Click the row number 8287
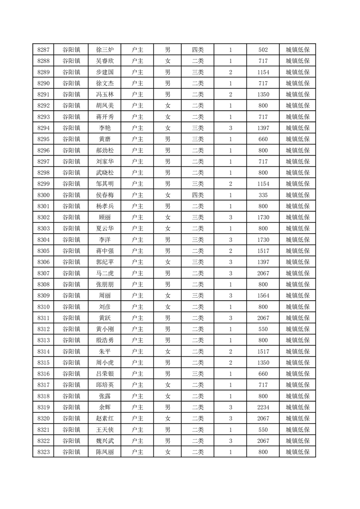[x=44, y=50]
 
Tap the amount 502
[x=263, y=50]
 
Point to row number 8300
[x=44, y=195]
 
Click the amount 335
[x=263, y=195]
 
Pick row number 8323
[x=44, y=452]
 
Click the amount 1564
[x=263, y=295]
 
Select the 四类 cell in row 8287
[x=198, y=50]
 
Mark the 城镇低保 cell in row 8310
[x=297, y=307]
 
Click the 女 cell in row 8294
[x=168, y=128]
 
